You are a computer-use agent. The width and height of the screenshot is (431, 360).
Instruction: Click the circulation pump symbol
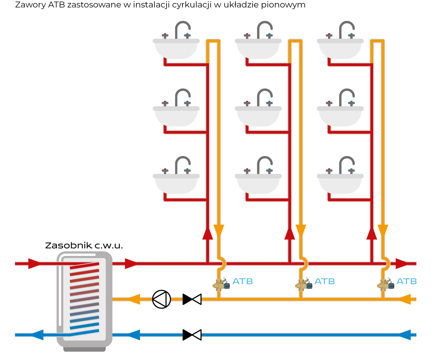click(162, 299)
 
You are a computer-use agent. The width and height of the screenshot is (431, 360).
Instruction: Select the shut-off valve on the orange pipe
click(192, 299)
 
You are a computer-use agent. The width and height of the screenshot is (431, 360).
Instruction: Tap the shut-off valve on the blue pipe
click(192, 335)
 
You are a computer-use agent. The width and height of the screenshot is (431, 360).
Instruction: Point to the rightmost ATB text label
click(407, 281)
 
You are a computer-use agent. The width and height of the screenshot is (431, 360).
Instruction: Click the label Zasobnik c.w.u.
click(84, 246)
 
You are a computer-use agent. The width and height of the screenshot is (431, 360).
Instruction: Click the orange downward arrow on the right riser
click(383, 230)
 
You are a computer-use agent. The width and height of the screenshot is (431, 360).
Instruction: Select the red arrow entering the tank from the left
click(34, 263)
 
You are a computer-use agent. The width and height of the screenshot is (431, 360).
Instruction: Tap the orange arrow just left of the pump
click(134, 299)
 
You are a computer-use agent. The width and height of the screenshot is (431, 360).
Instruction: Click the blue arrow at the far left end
click(37, 335)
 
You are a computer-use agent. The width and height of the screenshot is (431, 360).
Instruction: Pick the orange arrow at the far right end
click(405, 299)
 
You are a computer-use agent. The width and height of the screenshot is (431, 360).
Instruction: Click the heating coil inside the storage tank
click(84, 296)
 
